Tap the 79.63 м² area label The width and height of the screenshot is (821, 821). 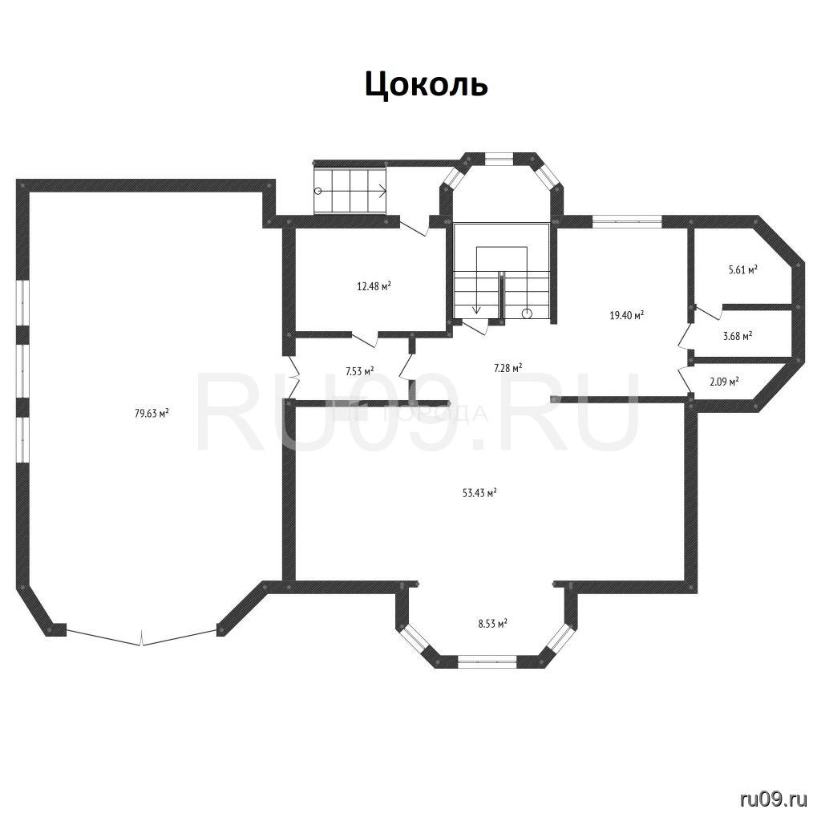point(152,413)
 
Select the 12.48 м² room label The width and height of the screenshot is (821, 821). point(374,286)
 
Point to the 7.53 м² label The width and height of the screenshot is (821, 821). point(359,371)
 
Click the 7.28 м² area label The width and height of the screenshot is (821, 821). point(508,368)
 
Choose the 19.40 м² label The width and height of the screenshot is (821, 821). point(626,315)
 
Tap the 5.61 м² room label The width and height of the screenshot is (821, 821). point(743,270)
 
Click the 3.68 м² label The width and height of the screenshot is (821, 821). point(738,336)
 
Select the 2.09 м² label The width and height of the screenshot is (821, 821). point(724,382)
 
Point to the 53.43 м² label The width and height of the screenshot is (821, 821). point(479,493)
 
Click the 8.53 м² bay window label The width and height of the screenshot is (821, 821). point(492,624)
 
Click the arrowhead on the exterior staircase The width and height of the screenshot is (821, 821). point(382,191)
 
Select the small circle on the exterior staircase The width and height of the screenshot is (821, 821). point(317,191)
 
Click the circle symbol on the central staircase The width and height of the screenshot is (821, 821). point(527,313)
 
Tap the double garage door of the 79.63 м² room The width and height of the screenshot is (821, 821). point(141,637)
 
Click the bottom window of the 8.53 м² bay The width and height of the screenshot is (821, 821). point(487,661)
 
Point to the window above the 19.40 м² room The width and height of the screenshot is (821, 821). point(627,221)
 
